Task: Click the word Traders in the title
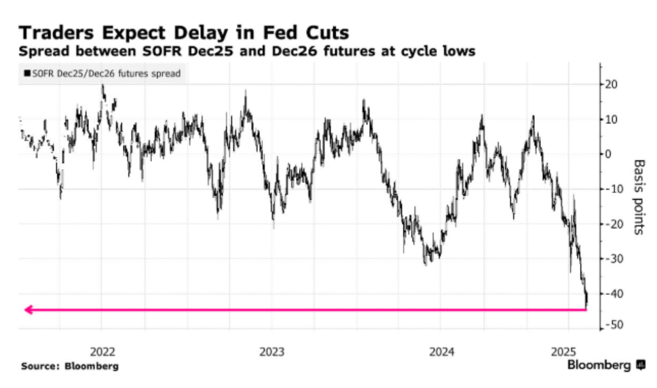pos(56,33)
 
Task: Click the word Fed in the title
pos(280,33)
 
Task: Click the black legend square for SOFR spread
pos(27,73)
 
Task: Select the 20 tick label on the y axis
pos(612,85)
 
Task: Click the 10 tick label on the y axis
pos(612,120)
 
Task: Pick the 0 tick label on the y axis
pos(608,154)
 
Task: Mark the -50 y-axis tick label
pos(614,325)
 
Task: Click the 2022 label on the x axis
pos(102,351)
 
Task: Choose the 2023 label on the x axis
pos(272,351)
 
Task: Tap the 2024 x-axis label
pos(442,351)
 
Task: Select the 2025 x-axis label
pos(563,351)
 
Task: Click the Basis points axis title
pos(639,197)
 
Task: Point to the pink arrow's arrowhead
pos(29,310)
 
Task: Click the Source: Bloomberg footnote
pos(70,366)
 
